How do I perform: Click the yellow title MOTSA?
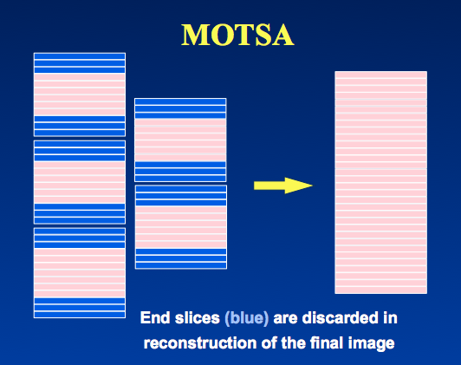click(237, 35)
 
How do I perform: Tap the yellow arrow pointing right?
click(282, 186)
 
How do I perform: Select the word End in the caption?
click(151, 317)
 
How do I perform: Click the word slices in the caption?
click(198, 317)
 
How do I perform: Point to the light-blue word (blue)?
click(247, 318)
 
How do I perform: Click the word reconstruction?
click(200, 343)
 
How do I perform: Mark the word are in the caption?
click(285, 318)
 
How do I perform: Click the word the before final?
click(293, 342)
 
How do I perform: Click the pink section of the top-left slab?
click(80, 95)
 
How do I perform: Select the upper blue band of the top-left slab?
click(80, 63)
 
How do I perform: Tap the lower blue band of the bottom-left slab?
click(80, 308)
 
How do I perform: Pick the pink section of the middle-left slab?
click(80, 182)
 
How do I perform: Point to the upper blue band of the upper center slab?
click(180, 108)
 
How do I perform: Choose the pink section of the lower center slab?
click(181, 227)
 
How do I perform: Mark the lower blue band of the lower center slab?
click(181, 258)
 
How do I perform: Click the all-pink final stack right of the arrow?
click(380, 182)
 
